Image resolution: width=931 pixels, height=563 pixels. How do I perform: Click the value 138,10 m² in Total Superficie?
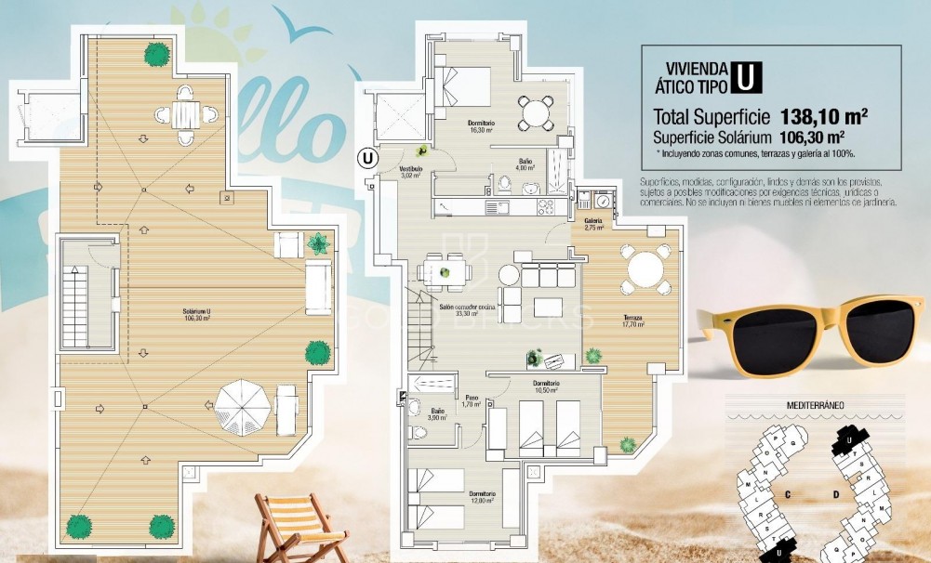823,117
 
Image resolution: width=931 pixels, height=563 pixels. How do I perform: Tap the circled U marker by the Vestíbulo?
369,158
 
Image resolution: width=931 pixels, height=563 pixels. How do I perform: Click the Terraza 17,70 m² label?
634,321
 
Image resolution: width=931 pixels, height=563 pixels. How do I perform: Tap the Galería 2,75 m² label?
594,224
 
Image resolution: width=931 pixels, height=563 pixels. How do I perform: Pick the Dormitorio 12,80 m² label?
481,496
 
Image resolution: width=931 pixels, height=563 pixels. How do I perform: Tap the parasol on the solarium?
243,405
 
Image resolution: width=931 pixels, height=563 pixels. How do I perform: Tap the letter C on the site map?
787,494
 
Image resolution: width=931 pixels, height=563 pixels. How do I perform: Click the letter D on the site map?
836,494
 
